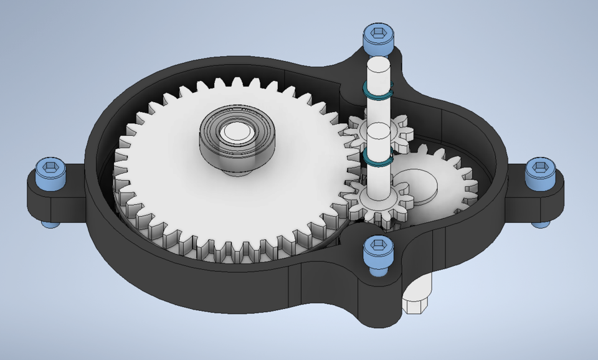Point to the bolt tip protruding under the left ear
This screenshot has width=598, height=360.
(49, 223)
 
